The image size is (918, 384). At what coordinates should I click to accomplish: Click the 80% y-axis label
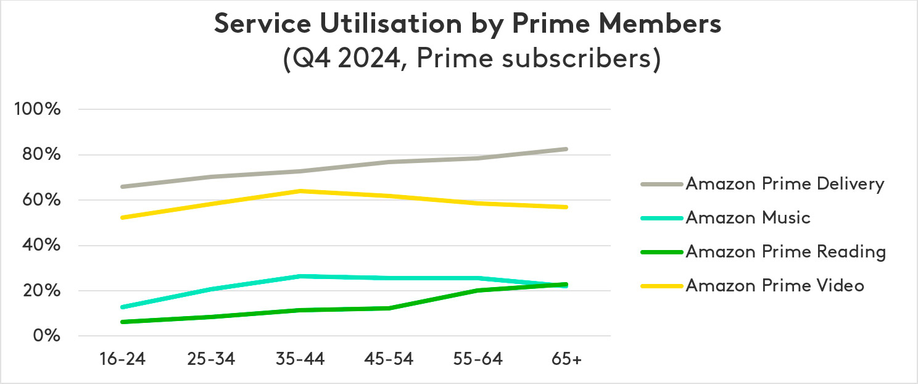point(42,155)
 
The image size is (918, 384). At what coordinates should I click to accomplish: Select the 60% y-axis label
point(42,201)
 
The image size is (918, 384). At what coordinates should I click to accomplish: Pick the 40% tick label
point(42,246)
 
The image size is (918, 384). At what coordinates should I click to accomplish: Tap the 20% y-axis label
point(42,291)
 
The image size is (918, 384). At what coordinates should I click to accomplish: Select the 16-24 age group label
point(123,360)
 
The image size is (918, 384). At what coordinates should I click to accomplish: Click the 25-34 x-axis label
point(212,360)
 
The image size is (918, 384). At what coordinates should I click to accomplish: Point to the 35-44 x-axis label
point(300,360)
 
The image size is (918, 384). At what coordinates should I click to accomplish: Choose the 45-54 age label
point(389,360)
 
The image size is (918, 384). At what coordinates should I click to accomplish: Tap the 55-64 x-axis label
point(478,360)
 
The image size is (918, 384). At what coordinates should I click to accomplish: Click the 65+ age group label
point(566,360)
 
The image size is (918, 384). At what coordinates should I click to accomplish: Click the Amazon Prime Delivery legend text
point(785,184)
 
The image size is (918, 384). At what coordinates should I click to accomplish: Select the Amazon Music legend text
point(748,218)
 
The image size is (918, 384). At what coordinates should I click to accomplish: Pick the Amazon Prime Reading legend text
point(785,252)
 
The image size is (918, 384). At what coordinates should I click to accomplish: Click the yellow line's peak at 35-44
point(300,191)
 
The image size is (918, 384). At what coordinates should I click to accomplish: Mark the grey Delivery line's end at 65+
point(566,149)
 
